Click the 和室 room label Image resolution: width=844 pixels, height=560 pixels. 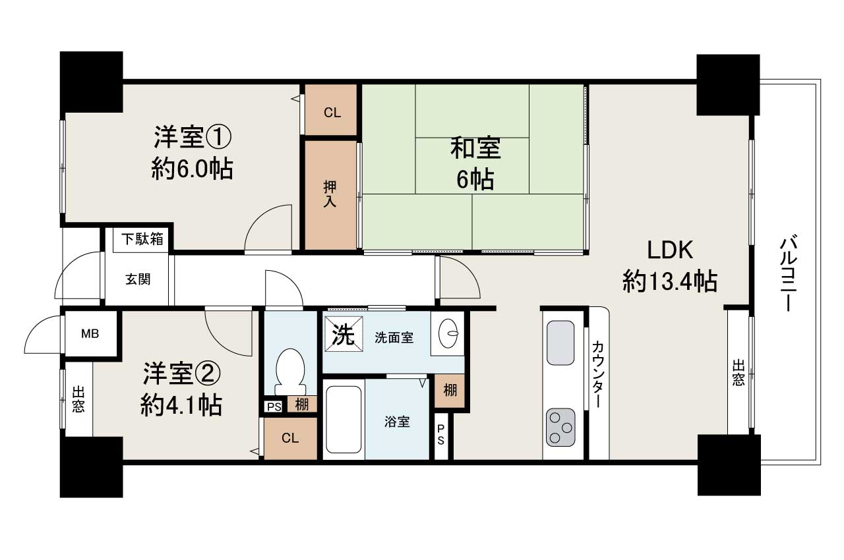[x=475, y=149]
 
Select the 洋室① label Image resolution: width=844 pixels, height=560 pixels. [x=192, y=138]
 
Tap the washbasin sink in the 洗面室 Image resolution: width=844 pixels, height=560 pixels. [x=450, y=333]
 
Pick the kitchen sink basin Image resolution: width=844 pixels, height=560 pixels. [x=560, y=343]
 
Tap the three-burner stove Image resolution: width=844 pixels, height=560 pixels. [x=560, y=427]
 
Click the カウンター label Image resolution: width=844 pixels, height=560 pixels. [x=597, y=374]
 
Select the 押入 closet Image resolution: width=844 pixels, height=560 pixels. [x=330, y=195]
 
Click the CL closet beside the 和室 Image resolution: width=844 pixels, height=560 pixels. [x=332, y=112]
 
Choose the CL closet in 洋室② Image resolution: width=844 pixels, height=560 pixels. [x=289, y=438]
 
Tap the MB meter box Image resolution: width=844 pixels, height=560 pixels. [x=90, y=334]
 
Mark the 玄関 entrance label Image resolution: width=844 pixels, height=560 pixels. [x=138, y=279]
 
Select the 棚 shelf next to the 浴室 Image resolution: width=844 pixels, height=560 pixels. [x=450, y=390]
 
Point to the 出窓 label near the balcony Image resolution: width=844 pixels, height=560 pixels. [x=738, y=372]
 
